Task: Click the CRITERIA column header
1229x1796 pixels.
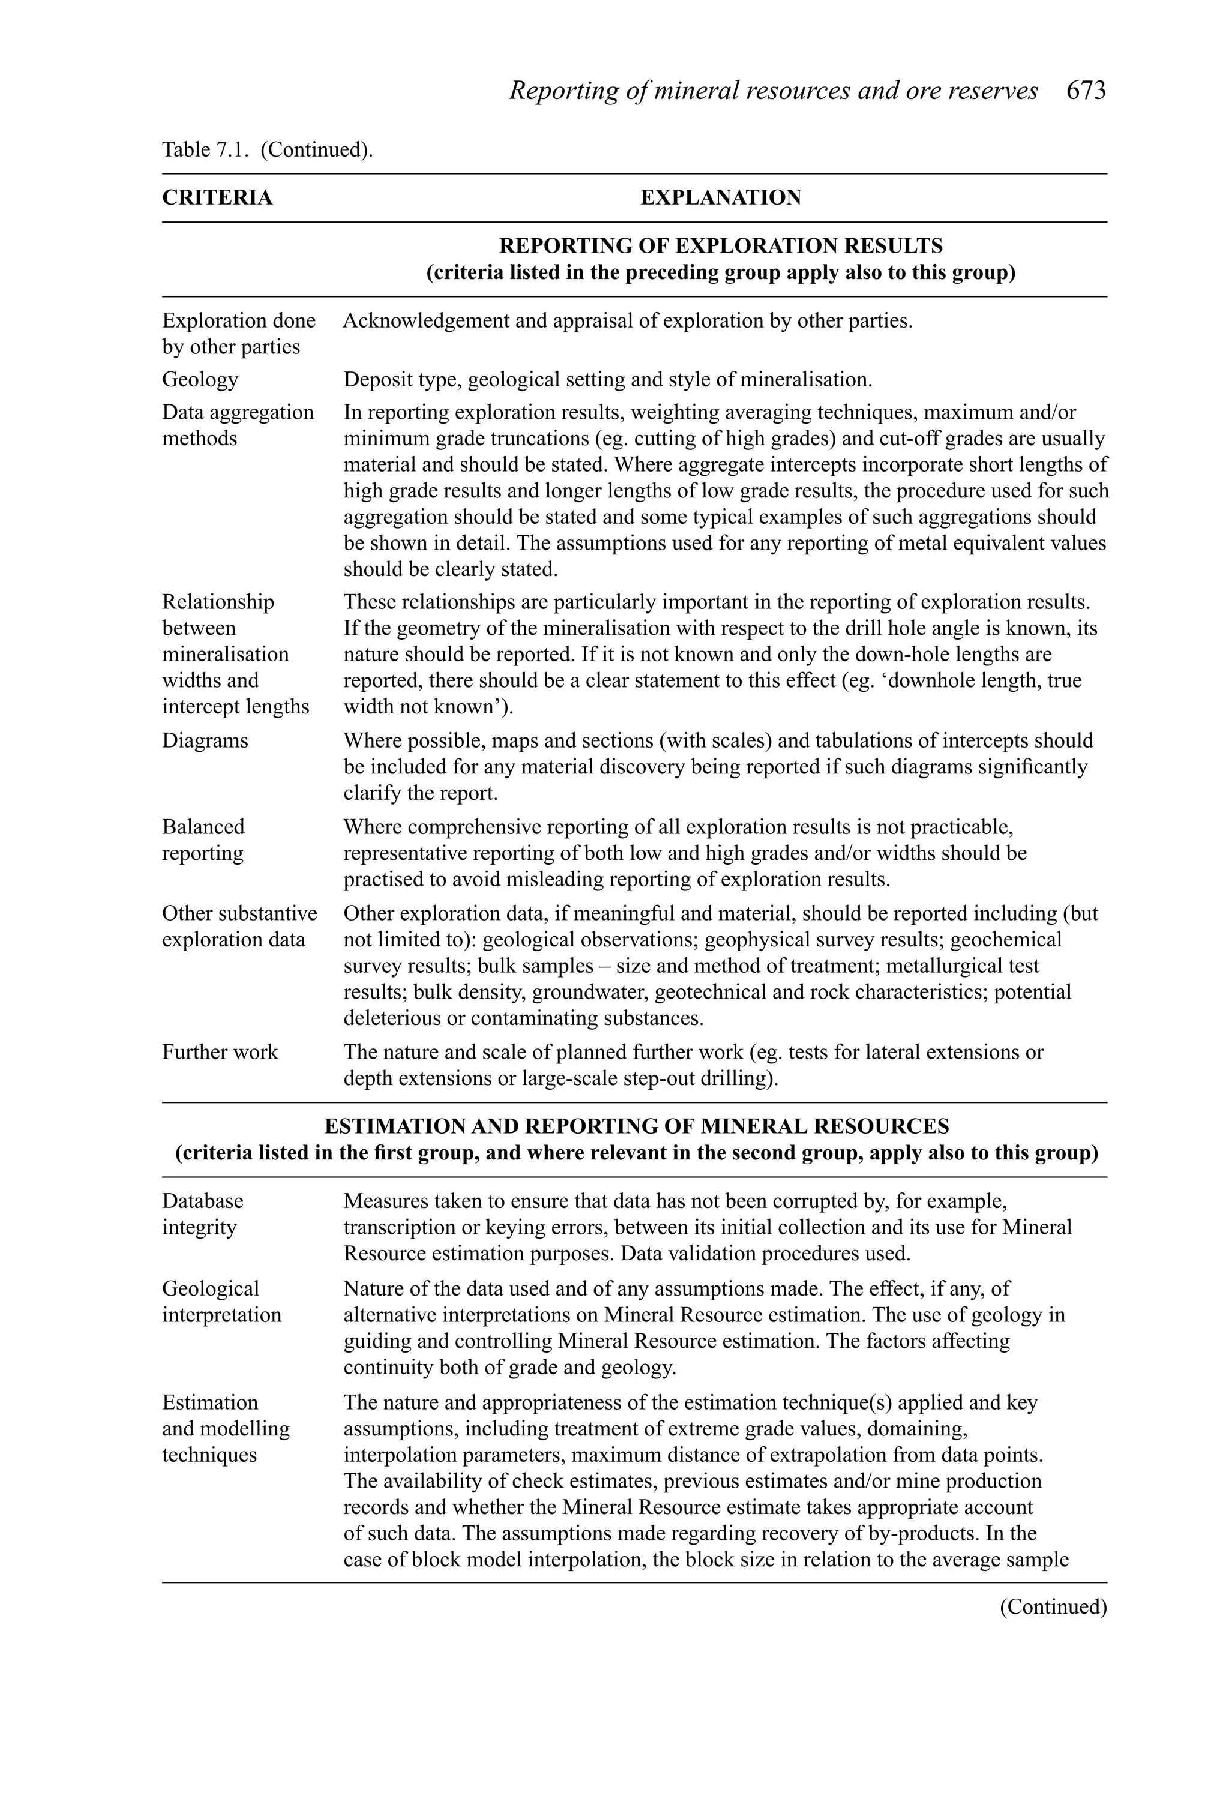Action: pos(217,198)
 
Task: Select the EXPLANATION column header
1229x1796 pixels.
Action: pos(720,198)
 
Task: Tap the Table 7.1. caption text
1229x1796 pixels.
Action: pos(266,149)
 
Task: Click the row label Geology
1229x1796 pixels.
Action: pos(200,379)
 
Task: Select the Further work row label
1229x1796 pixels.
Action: pos(220,1052)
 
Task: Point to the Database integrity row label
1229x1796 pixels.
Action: pos(202,1213)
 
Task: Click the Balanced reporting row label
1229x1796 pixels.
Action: pos(203,840)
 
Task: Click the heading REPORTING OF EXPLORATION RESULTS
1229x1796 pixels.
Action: pos(720,246)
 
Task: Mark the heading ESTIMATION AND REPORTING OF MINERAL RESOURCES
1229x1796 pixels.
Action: pos(636,1126)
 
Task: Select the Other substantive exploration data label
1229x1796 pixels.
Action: pos(239,926)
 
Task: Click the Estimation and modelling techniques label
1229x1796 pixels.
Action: pos(225,1428)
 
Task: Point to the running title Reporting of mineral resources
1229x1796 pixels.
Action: pos(773,91)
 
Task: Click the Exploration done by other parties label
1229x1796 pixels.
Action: pos(238,334)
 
